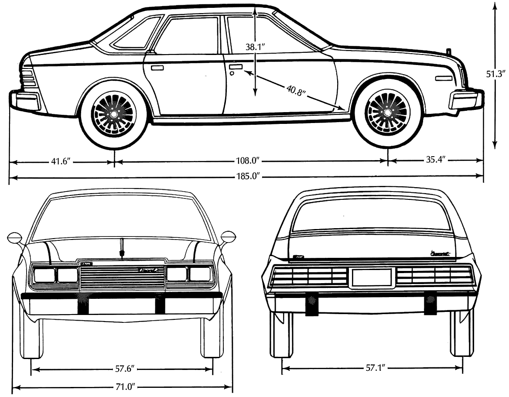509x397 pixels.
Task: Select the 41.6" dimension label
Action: (61, 162)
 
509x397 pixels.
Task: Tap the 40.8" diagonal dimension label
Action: (296, 90)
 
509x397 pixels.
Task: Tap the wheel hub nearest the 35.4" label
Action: (387, 113)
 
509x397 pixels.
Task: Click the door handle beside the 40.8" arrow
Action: (236, 67)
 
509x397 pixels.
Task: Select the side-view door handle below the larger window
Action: (157, 68)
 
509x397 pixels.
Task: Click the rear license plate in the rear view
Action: (372, 277)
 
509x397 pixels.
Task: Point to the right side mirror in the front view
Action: (229, 236)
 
